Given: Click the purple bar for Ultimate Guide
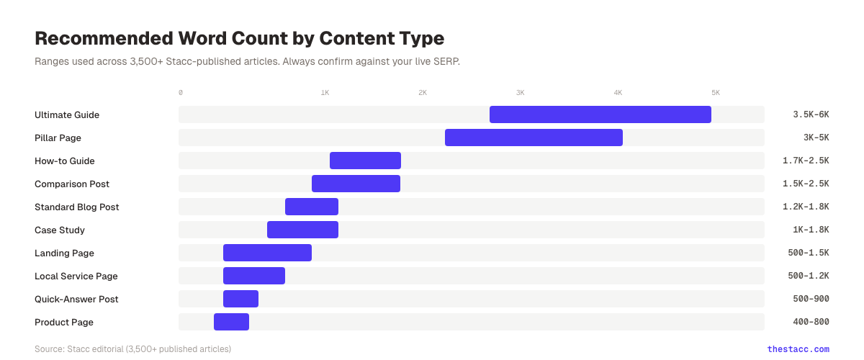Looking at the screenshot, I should [x=600, y=114].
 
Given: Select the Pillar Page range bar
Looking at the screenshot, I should [x=534, y=138].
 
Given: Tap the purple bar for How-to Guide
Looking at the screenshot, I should [x=365, y=161].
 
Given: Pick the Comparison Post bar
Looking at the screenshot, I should [x=356, y=184].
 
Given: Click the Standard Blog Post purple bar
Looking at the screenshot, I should [x=312, y=207].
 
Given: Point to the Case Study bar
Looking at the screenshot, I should [x=302, y=230].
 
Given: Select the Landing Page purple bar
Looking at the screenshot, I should [x=267, y=253].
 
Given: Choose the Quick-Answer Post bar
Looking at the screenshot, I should [x=240, y=299].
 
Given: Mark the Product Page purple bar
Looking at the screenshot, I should [x=231, y=322].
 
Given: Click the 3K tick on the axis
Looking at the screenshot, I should [x=520, y=93].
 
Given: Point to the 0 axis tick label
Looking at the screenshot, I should [x=181, y=93].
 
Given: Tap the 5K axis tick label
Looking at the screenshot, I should [x=716, y=93].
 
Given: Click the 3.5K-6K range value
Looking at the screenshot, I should [x=811, y=115].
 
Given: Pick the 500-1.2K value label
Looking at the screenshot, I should [x=809, y=276].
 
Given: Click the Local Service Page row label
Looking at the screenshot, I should [x=76, y=276].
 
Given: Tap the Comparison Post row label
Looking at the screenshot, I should [x=72, y=184].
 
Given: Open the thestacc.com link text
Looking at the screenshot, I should [x=798, y=349].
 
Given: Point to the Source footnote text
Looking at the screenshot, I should [x=132, y=349].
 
